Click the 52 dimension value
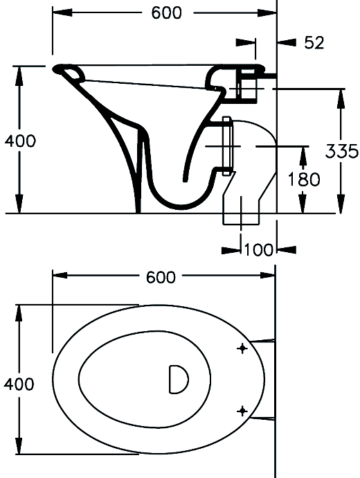pos(314,42)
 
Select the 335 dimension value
pos(341,151)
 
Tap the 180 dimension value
pos(304,179)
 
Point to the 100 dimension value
pos(259,249)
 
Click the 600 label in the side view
pos(166,12)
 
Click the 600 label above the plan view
pos(161,277)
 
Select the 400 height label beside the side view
pos(20,141)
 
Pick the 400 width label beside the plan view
pos(19,384)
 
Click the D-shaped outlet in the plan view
pos(179,379)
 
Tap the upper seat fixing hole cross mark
pos(242,348)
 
